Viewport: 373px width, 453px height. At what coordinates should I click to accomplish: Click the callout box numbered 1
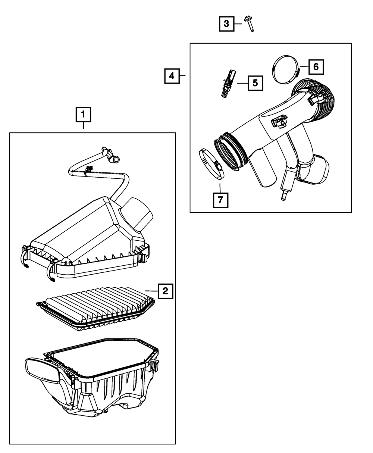tap(83, 115)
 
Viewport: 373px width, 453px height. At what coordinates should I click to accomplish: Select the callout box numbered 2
tap(165, 291)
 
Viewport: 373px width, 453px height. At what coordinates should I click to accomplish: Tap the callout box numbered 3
tap(226, 24)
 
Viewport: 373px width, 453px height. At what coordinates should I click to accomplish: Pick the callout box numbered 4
tap(171, 76)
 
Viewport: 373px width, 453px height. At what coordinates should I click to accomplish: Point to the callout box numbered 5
tap(255, 83)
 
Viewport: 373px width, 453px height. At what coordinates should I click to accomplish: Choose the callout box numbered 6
tap(316, 67)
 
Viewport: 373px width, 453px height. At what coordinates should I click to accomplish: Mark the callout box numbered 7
tap(220, 200)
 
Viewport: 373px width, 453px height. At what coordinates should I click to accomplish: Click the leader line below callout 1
tap(83, 126)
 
